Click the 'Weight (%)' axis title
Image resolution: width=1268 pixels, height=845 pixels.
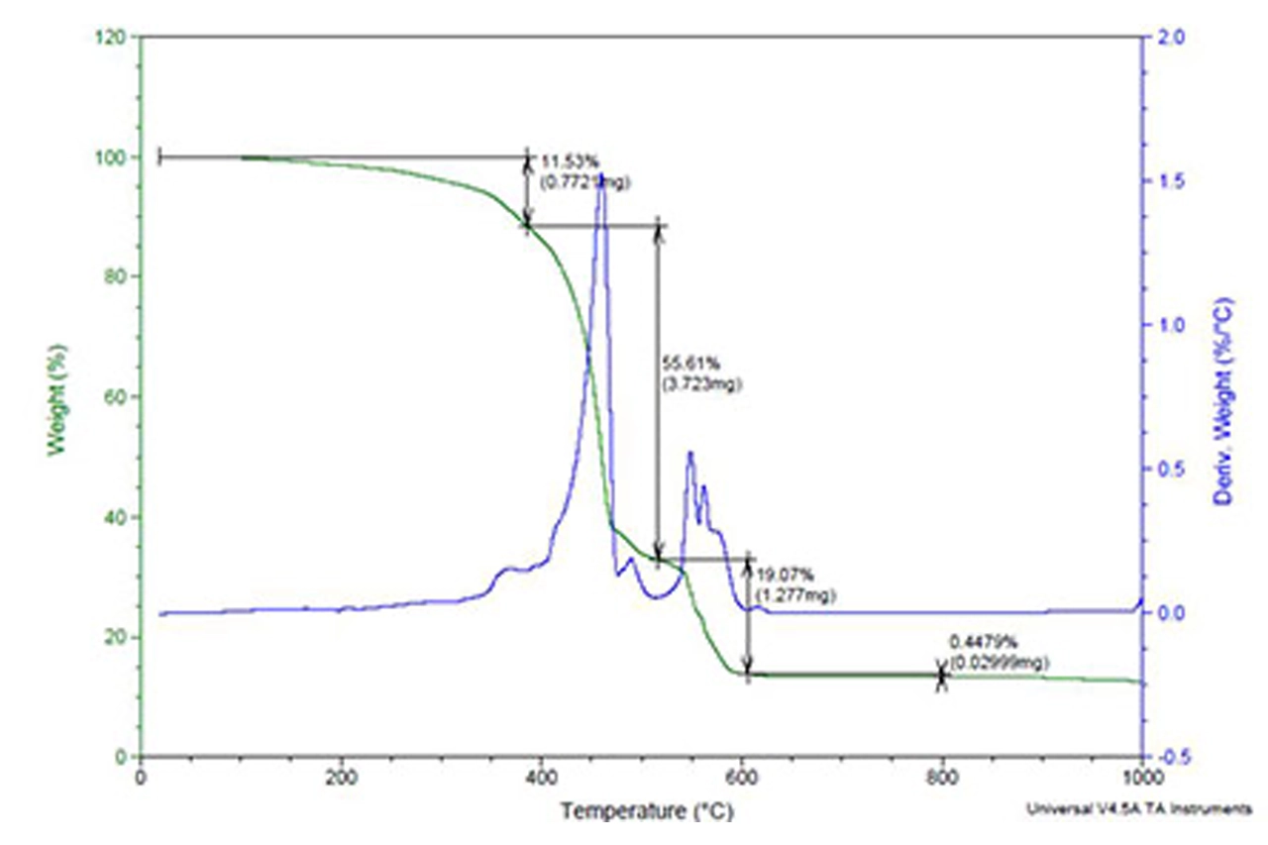[x=58, y=397]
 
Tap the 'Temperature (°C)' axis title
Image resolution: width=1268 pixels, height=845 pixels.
[x=648, y=812]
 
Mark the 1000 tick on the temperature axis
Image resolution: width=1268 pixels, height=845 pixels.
[x=1142, y=777]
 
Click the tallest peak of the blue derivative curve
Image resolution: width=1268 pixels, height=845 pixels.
[x=601, y=177]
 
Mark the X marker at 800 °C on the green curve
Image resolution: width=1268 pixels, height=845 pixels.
[x=941, y=676]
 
